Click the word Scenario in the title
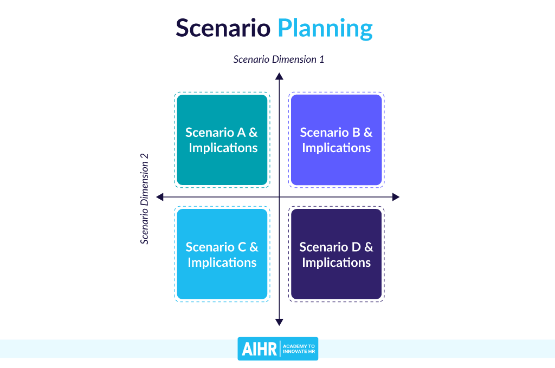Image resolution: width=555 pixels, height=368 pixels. (x=223, y=28)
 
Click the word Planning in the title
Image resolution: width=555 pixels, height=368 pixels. (x=325, y=29)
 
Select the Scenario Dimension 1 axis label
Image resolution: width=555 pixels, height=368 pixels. (x=279, y=59)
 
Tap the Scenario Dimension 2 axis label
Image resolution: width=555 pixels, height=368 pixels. (x=145, y=199)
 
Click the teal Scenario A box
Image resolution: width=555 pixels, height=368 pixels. (x=222, y=140)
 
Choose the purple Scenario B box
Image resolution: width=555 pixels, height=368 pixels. (x=337, y=140)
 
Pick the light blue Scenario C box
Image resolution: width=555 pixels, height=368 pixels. (x=222, y=254)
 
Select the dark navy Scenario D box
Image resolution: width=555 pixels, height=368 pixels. (x=337, y=254)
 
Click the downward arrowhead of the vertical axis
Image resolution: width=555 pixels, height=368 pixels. (x=279, y=322)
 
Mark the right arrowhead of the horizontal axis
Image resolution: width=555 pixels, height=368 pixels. (x=396, y=197)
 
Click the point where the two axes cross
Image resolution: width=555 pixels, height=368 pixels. (x=279, y=197)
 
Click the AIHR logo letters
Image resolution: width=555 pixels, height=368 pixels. (x=259, y=349)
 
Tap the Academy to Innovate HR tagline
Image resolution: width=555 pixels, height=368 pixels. (x=300, y=349)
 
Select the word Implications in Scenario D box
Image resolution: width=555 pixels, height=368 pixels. (x=337, y=262)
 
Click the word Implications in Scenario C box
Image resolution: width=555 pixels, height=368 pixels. (x=222, y=262)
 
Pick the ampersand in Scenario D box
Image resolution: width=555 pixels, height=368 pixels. (x=369, y=247)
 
